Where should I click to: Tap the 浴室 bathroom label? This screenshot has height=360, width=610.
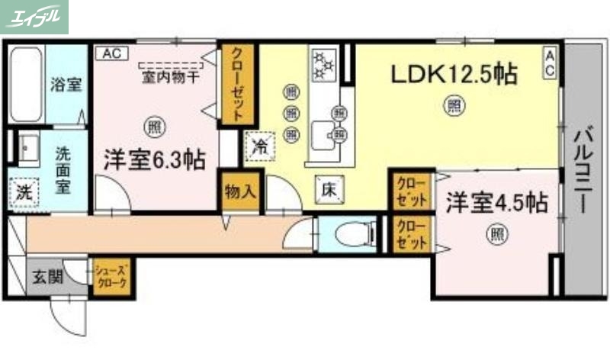pyautogui.click(x=66, y=84)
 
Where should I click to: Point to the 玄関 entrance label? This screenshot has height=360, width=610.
pyautogui.click(x=43, y=275)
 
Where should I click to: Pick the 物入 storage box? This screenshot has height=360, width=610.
pyautogui.click(x=239, y=191)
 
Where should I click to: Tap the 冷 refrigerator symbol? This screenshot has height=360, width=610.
pyautogui.click(x=260, y=145)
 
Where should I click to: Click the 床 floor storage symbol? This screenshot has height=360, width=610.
pyautogui.click(x=329, y=188)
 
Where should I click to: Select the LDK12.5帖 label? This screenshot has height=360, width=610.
pyautogui.click(x=454, y=75)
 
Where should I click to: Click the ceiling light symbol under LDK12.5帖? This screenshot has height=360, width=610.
pyautogui.click(x=454, y=104)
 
